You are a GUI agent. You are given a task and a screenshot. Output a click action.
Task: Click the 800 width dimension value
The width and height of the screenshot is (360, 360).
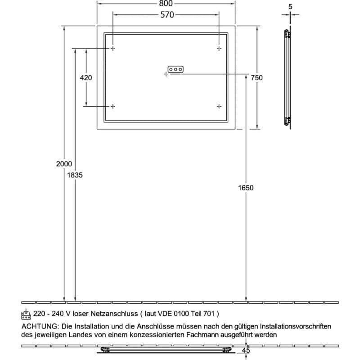click(166, 3)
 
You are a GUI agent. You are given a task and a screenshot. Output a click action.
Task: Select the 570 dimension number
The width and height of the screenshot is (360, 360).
click(167, 15)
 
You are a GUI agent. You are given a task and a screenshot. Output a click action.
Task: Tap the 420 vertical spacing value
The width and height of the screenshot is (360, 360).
click(86, 78)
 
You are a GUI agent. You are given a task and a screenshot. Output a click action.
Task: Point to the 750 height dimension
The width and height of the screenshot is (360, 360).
click(256, 78)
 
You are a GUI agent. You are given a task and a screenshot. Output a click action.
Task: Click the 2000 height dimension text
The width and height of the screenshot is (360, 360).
click(64, 164)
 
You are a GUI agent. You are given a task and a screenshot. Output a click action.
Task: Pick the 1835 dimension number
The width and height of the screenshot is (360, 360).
click(75, 175)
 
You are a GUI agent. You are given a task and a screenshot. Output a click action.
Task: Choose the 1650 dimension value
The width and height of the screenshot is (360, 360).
click(246, 188)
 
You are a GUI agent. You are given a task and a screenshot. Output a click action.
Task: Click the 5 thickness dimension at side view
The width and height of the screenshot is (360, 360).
click(290, 7)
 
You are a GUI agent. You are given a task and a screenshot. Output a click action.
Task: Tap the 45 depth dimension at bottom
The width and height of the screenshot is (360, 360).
click(246, 351)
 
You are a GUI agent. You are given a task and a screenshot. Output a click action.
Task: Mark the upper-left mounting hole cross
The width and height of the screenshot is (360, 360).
click(113, 49)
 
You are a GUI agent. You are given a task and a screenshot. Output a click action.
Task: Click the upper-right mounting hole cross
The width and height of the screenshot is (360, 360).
click(219, 49)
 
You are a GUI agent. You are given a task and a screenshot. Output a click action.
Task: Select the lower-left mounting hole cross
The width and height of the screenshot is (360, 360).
click(113, 106)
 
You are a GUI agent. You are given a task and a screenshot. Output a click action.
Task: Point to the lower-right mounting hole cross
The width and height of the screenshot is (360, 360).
click(219, 106)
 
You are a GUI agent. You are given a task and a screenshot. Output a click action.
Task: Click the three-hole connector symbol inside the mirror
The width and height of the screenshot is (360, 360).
click(175, 69)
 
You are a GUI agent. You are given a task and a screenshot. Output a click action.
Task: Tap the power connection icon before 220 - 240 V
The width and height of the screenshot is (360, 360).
click(26, 314)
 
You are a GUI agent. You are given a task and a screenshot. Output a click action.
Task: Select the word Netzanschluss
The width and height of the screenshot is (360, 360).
click(114, 314)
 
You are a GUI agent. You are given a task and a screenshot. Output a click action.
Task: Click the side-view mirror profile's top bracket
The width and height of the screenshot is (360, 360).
click(288, 34)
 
